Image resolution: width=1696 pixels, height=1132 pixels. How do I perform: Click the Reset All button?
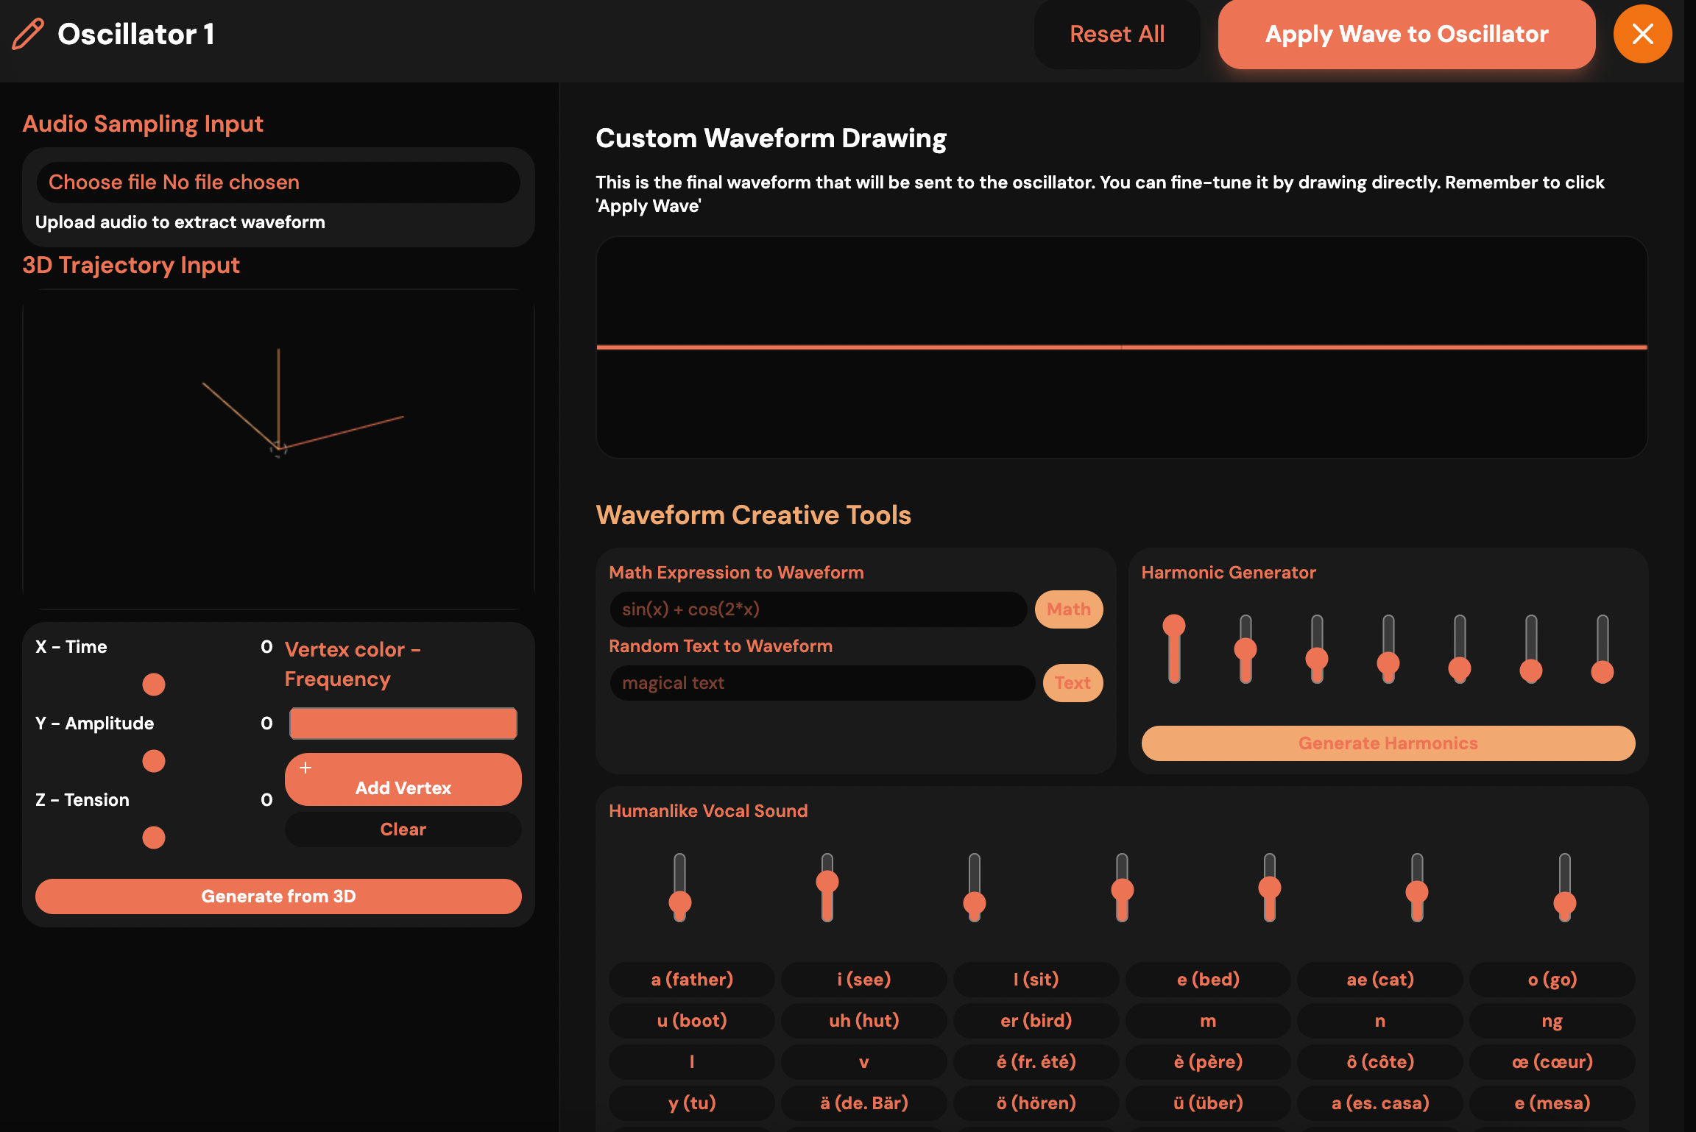[1117, 35]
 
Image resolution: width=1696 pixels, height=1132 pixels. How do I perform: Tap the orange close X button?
[1642, 35]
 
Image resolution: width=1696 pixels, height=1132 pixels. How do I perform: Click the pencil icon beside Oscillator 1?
[28, 35]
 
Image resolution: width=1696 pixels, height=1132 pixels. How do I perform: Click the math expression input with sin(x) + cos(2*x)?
[818, 609]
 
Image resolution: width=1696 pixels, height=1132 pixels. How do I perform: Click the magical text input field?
[821, 683]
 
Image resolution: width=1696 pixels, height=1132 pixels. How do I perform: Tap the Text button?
[1073, 683]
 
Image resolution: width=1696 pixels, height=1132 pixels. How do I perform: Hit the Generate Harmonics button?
[1388, 743]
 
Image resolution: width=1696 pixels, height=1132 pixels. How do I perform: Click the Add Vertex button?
[403, 780]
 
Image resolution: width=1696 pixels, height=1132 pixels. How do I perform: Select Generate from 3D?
[278, 896]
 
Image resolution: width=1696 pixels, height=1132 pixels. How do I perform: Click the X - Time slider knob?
[154, 684]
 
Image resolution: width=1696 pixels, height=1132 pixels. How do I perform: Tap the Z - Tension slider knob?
[154, 838]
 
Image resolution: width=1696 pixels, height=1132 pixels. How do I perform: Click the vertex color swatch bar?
[403, 724]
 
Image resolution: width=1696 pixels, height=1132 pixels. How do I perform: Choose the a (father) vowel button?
[692, 980]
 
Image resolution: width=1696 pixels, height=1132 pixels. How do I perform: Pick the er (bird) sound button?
[1036, 1021]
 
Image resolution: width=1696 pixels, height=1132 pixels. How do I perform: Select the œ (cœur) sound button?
[1552, 1062]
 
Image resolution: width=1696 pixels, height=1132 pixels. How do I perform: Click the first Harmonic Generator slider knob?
[1174, 626]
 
